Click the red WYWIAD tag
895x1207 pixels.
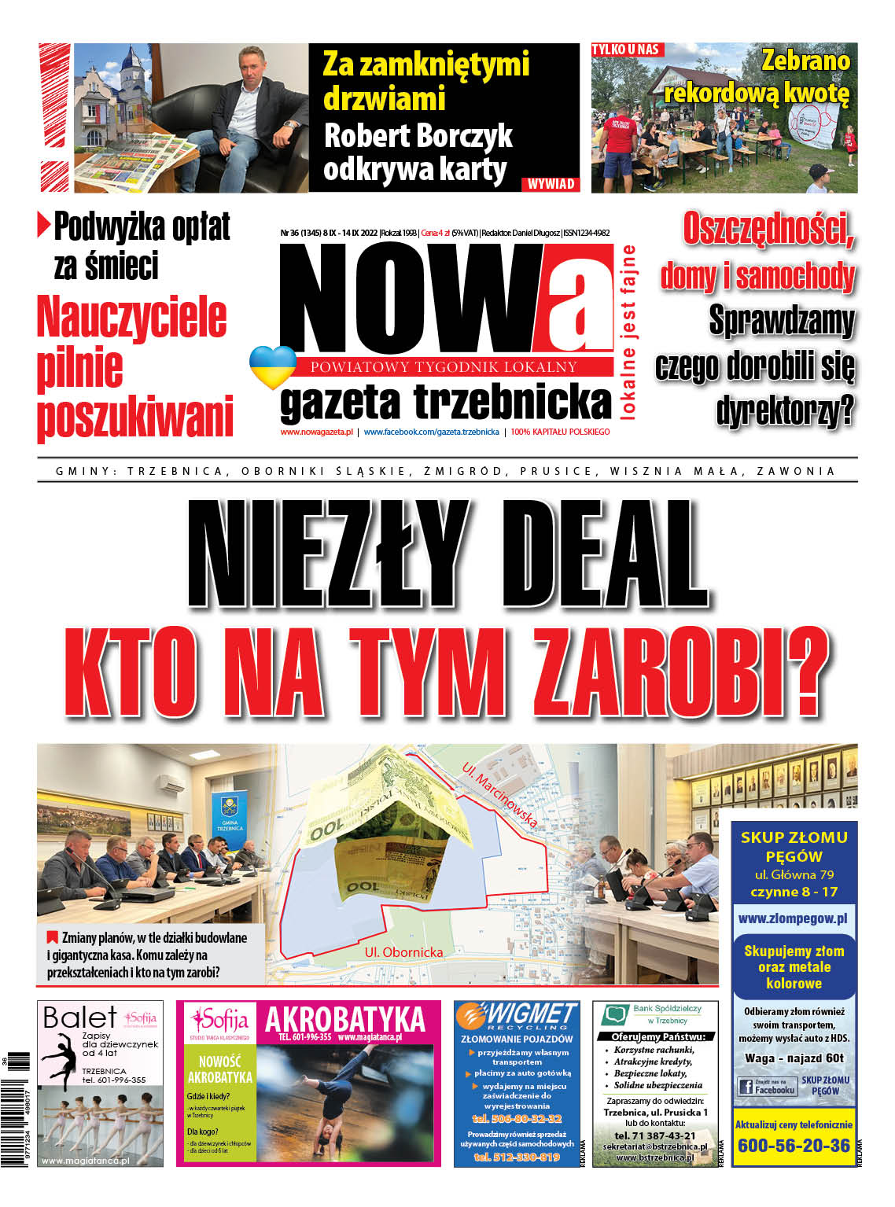point(551,184)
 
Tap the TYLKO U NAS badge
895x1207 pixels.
point(625,50)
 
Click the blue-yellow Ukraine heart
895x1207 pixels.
point(272,366)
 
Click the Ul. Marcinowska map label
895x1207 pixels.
point(500,794)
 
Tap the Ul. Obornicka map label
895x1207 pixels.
point(403,952)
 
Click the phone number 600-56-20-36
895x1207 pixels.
point(794,1146)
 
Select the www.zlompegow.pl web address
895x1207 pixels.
point(793,918)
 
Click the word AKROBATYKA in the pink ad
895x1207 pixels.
point(344,1020)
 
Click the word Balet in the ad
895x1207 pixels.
point(79,1018)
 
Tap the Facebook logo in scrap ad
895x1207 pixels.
point(746,1087)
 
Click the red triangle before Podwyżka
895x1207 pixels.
point(44,226)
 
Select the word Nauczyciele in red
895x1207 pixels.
point(131,318)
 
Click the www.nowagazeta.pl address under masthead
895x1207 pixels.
point(316,432)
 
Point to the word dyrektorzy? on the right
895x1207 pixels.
point(784,410)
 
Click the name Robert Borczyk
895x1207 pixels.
point(418,136)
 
